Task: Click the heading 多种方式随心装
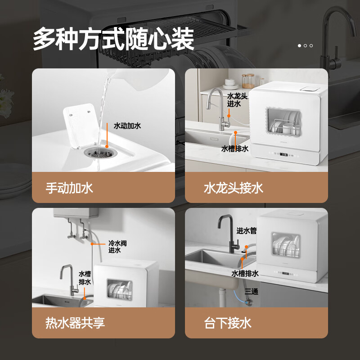(x=113, y=40)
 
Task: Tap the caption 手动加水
(x=69, y=188)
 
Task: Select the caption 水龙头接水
(x=233, y=188)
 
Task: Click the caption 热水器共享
(x=75, y=323)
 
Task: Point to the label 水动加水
(x=127, y=126)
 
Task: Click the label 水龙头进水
(x=237, y=100)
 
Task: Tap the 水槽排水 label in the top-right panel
(x=235, y=148)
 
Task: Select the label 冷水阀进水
(x=117, y=247)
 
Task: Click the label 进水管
(x=247, y=230)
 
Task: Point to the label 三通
(x=252, y=291)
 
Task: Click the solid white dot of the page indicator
(x=300, y=45)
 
